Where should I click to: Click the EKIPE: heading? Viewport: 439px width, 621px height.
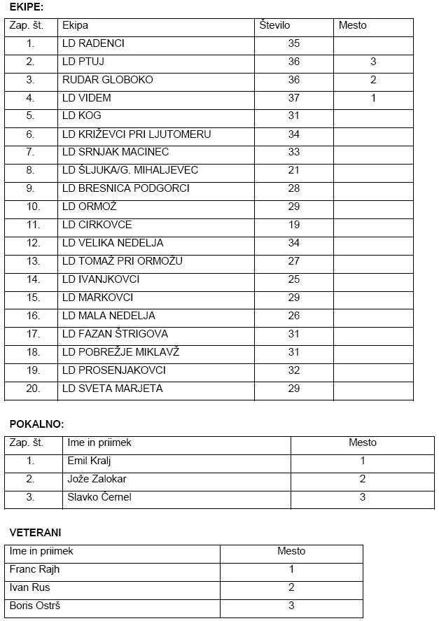click(x=27, y=8)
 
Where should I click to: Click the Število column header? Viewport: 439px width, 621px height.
click(x=274, y=25)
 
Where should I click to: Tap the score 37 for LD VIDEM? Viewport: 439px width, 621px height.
click(x=294, y=98)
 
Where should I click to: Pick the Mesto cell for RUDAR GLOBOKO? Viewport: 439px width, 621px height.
click(x=373, y=80)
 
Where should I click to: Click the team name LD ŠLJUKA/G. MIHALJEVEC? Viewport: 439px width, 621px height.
click(x=130, y=170)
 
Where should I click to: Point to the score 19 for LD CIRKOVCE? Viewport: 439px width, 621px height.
click(x=294, y=225)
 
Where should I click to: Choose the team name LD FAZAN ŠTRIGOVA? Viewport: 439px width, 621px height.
click(x=115, y=334)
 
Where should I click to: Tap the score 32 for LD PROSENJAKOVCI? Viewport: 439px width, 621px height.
click(x=294, y=370)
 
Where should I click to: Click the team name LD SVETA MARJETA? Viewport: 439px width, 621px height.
click(x=112, y=389)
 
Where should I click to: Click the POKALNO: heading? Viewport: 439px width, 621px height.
click(x=37, y=424)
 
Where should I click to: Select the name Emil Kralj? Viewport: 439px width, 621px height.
click(x=89, y=461)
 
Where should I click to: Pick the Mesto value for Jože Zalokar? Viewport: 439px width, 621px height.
click(x=363, y=479)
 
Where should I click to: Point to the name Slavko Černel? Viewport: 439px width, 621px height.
click(x=99, y=497)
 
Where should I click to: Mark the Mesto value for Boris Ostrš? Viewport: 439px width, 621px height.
click(x=291, y=606)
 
